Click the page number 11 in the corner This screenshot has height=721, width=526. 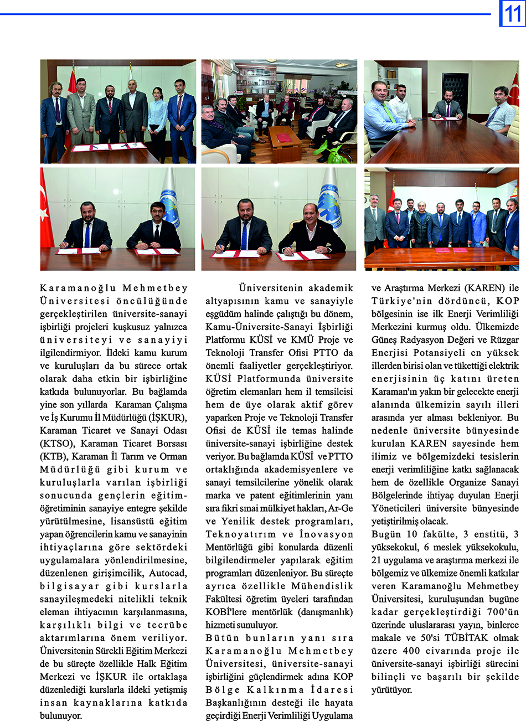pyautogui.click(x=512, y=13)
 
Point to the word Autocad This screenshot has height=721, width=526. pyautogui.click(x=168, y=573)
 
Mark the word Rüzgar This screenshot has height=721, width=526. pyautogui.click(x=504, y=339)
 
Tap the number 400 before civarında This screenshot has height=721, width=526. pyautogui.click(x=411, y=651)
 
